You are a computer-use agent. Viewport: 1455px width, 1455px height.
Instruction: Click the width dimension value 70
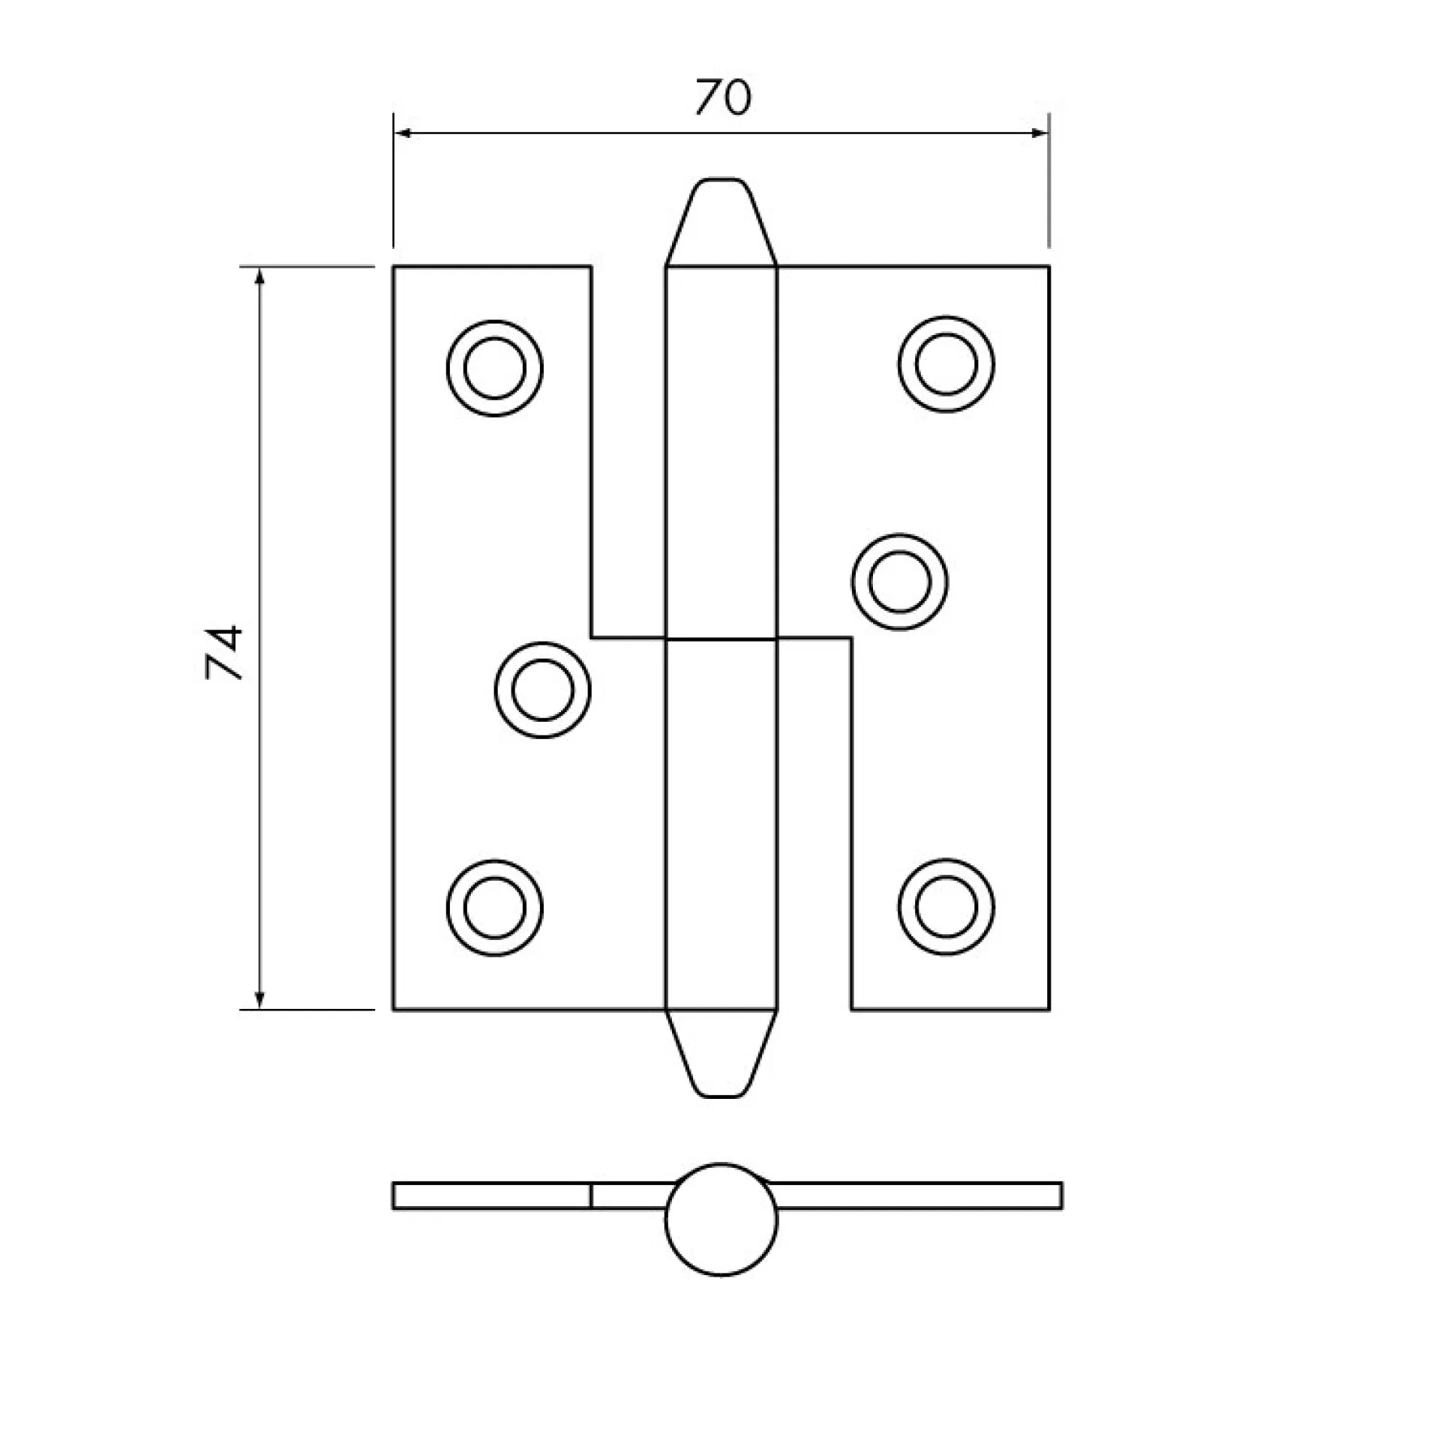click(x=722, y=98)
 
